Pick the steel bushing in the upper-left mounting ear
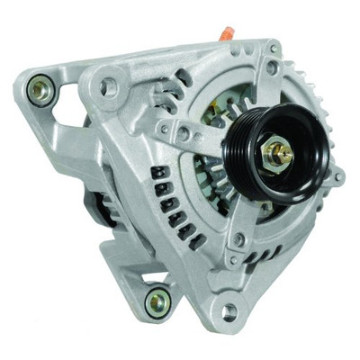(x=38, y=88)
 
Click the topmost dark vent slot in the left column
(x=159, y=170)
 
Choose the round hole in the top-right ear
(x=272, y=68)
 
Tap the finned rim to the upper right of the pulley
(x=310, y=99)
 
